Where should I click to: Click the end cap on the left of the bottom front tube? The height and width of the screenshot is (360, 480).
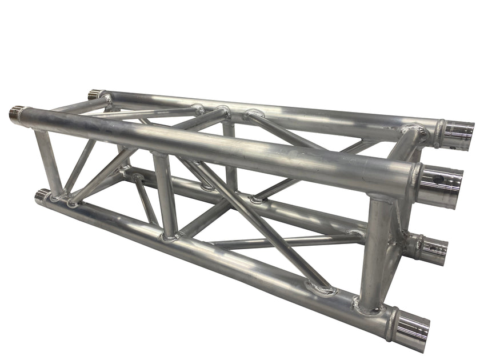pyautogui.click(x=41, y=196)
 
